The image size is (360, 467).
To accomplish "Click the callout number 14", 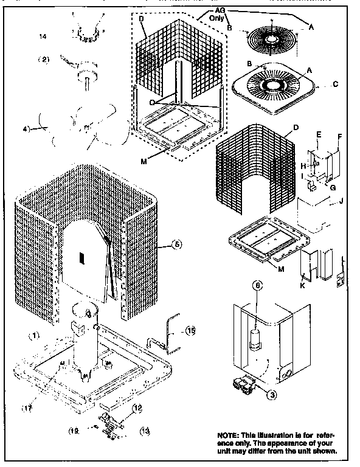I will pos(43,37).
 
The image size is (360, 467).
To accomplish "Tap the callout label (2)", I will pos(44,60).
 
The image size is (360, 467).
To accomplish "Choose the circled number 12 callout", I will pos(137,407).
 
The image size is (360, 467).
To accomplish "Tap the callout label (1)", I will pos(35,335).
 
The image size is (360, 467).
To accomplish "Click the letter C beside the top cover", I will pos(335,85).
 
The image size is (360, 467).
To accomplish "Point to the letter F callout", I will pos(339,136).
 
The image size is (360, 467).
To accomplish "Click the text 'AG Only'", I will pos(218,15).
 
